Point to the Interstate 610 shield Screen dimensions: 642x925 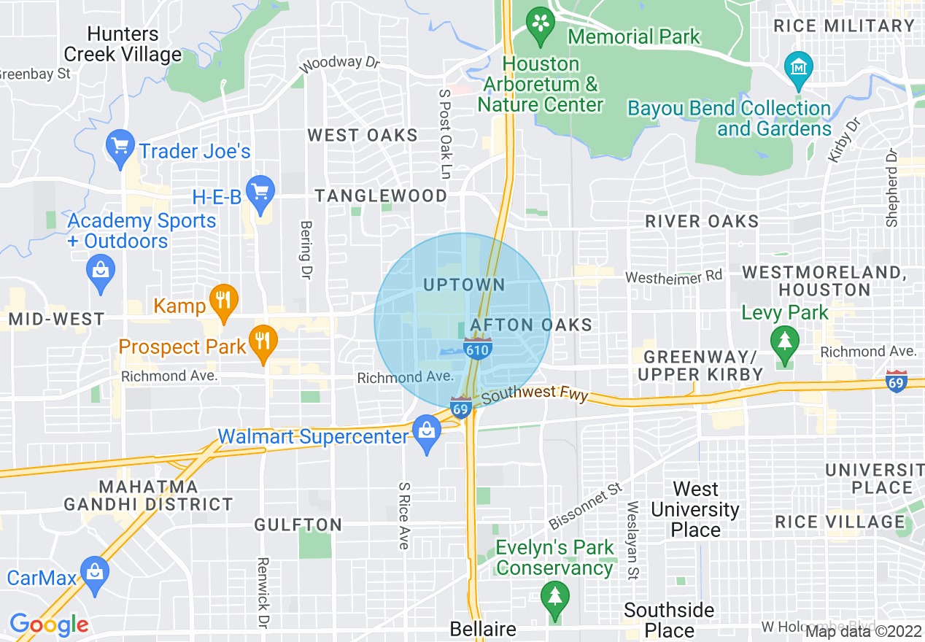click(x=478, y=347)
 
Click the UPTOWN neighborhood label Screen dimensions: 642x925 click(x=464, y=285)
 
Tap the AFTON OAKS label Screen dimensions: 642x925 click(x=532, y=324)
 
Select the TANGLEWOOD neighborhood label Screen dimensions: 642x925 click(x=381, y=196)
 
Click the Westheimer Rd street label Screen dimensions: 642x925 click(x=673, y=276)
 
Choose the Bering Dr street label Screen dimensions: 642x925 click(x=306, y=250)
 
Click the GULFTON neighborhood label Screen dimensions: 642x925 click(x=298, y=525)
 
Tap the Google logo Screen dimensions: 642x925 click(x=49, y=624)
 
